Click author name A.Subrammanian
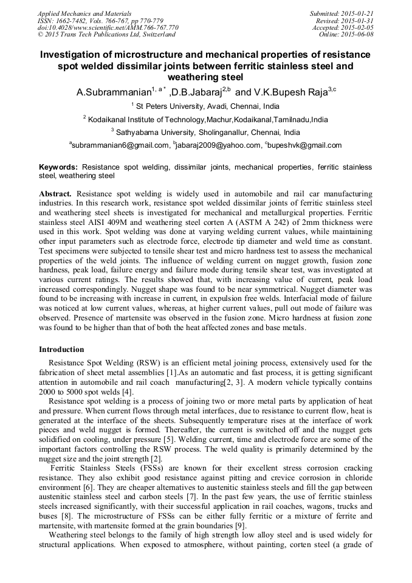pos(112,93)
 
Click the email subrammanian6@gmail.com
pos(121,145)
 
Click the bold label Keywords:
pos(58,167)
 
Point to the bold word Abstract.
pos(56,193)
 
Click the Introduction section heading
pos(61,350)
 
